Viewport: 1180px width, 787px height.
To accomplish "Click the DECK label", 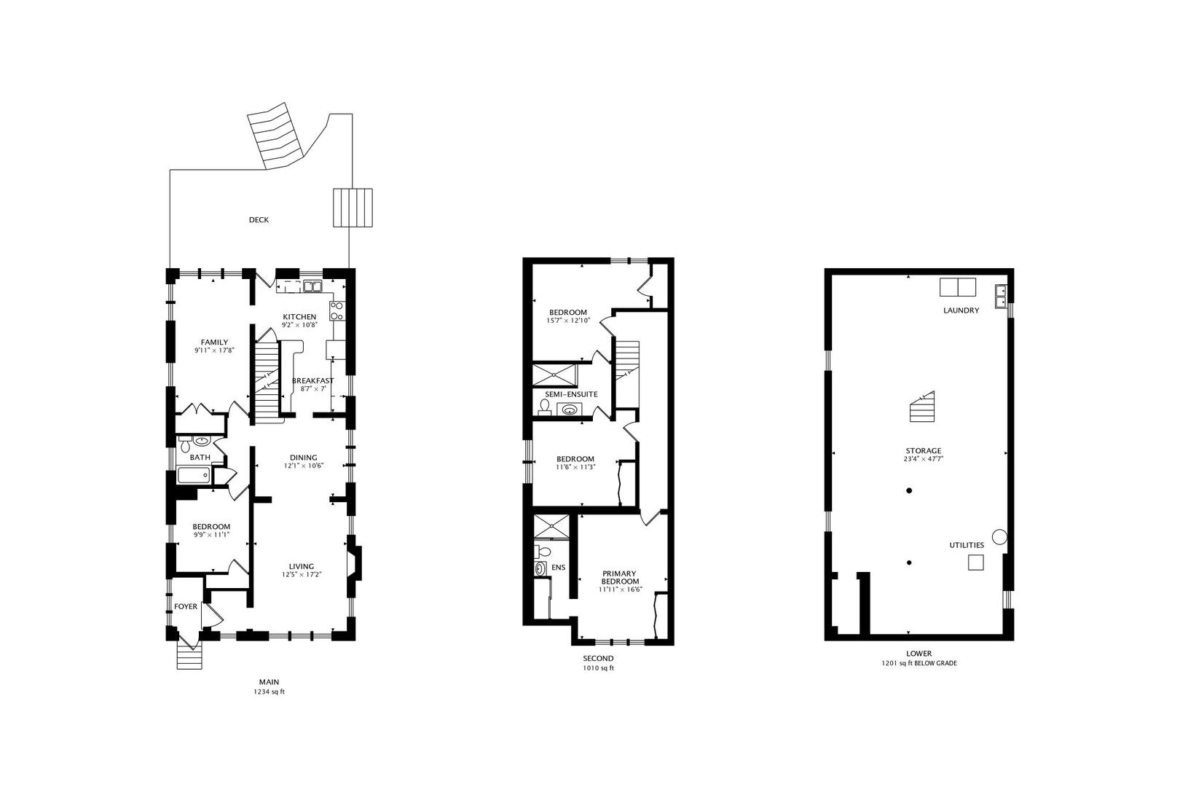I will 259,220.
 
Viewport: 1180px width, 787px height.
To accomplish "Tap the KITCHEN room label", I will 299,316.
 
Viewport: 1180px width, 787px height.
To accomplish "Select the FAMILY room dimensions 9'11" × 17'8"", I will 214,351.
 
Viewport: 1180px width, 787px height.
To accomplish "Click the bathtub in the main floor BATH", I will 194,475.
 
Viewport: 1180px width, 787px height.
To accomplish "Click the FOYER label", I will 186,606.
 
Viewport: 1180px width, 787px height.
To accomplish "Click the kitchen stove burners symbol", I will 337,311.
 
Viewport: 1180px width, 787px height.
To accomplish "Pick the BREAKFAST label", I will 312,380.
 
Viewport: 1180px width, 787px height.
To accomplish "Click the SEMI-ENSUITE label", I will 571,394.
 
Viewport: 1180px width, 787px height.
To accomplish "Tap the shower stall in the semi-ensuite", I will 555,375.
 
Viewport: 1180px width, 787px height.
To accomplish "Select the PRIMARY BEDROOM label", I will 620,577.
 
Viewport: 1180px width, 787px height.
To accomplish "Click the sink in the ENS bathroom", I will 540,568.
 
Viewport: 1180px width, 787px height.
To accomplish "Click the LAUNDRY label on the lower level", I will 961,310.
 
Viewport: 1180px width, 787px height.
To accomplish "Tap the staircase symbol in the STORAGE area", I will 921,408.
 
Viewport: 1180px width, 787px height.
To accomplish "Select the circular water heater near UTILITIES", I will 999,537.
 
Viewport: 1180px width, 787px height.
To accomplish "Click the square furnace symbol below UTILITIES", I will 975,562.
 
